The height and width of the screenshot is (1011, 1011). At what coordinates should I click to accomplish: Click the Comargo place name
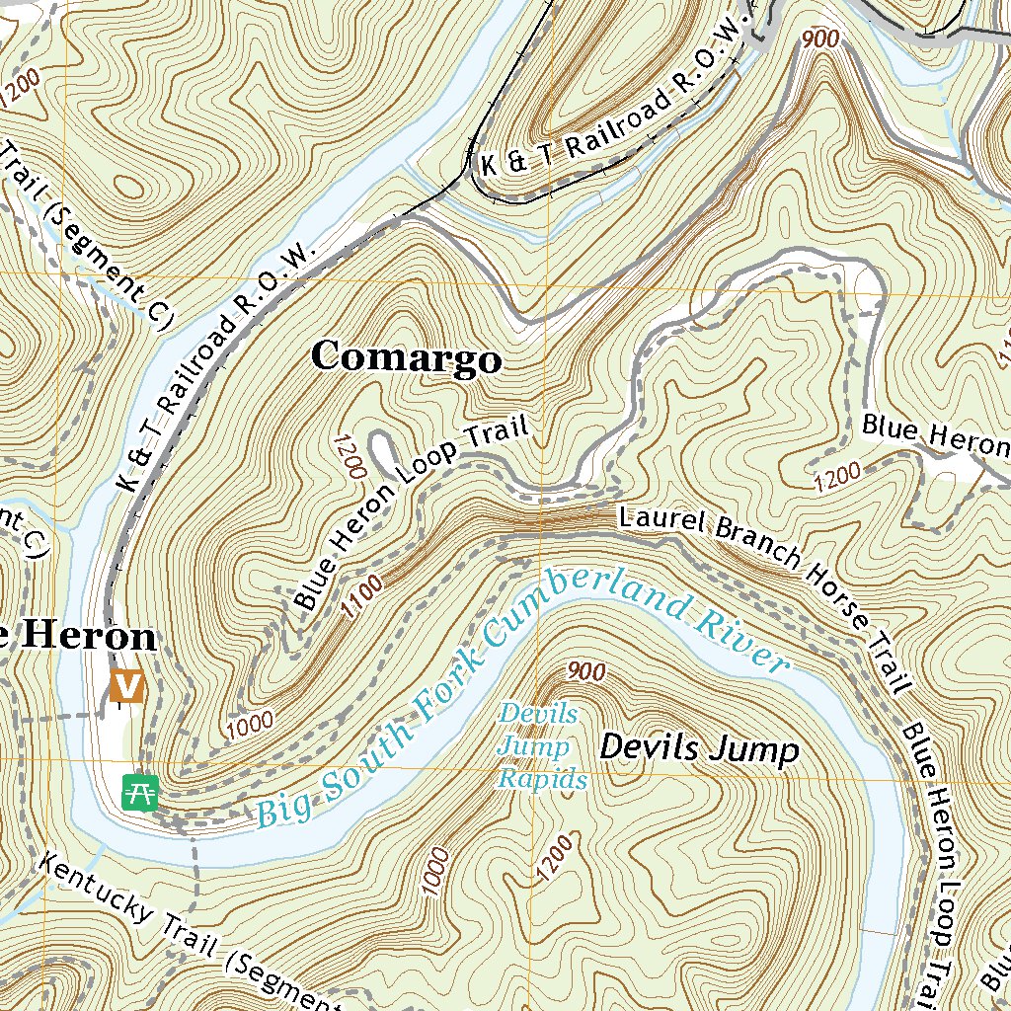click(x=406, y=357)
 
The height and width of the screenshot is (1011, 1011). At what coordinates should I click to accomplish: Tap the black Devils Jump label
click(x=698, y=749)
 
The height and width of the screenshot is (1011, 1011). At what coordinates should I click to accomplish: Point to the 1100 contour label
click(x=362, y=597)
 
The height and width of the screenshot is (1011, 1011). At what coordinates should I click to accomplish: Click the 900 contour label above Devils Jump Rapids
click(x=585, y=672)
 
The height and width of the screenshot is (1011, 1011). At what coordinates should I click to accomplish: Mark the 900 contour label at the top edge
click(x=820, y=39)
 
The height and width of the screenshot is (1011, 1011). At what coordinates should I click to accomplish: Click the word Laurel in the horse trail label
click(x=656, y=523)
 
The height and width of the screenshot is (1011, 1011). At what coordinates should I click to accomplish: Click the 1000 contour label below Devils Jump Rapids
click(x=437, y=872)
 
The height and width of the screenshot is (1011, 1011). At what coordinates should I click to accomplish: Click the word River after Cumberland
click(x=741, y=641)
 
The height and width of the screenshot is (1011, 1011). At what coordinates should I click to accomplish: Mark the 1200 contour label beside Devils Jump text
click(x=556, y=857)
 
